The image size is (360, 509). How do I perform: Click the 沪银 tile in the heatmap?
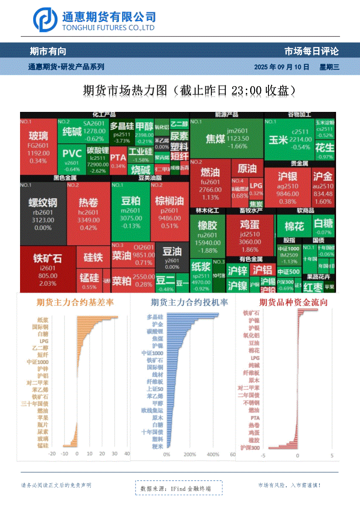click(287, 186)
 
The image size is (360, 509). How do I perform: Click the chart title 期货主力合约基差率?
click(75, 302)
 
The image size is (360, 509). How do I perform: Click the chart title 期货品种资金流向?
click(293, 302)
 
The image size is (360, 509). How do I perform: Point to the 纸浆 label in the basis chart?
click(43, 319)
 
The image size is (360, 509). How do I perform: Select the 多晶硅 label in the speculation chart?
click(155, 317)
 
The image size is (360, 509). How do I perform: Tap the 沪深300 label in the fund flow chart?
click(250, 448)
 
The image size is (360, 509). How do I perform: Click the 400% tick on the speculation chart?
click(213, 455)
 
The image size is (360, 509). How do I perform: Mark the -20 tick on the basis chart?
click(51, 454)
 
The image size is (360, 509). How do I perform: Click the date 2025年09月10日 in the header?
click(282, 67)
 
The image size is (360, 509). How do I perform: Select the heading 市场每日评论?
click(311, 51)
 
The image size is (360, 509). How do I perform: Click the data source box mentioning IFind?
click(179, 489)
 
